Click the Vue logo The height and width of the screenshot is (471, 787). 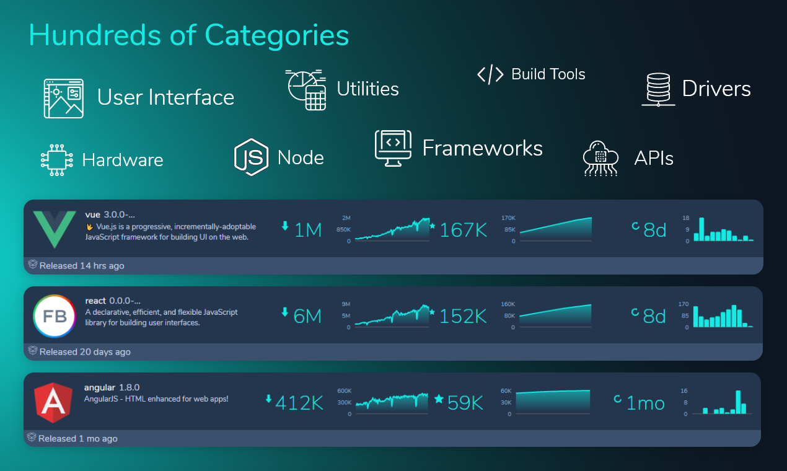[x=54, y=229]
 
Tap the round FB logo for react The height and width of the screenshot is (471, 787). [x=54, y=316]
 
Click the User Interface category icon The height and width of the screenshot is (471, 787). [x=63, y=98]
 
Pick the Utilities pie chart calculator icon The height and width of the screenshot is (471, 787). [x=306, y=90]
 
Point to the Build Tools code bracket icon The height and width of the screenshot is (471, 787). [x=490, y=75]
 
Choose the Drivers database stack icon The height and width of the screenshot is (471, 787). [x=657, y=89]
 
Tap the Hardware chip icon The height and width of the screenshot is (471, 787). [x=57, y=160]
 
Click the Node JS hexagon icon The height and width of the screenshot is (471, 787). [x=251, y=157]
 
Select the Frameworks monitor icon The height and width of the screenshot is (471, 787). [x=393, y=147]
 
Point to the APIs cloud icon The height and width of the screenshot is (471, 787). [x=600, y=158]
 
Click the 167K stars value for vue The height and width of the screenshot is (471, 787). [x=463, y=231]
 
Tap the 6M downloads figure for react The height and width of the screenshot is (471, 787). [x=307, y=317]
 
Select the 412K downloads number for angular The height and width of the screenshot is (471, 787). [x=299, y=403]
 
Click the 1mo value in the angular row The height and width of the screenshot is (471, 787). [x=645, y=403]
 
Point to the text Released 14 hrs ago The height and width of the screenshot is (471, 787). [x=82, y=266]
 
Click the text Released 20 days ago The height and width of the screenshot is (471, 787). [x=85, y=352]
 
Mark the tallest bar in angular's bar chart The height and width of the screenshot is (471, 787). [x=738, y=402]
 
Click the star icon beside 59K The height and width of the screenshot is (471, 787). [x=439, y=398]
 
